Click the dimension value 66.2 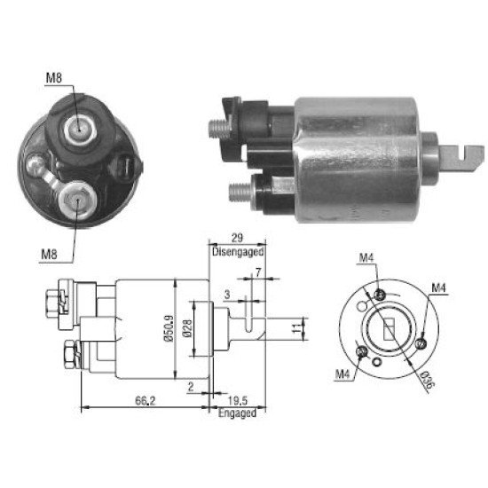click(145, 401)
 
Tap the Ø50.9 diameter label click(169, 328)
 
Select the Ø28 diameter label click(187, 328)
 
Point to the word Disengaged click(238, 251)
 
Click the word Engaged click(237, 413)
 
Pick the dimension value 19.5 click(238, 401)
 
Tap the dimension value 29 click(237, 238)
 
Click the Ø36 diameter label click(427, 381)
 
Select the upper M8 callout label click(54, 78)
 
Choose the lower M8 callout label click(49, 255)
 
